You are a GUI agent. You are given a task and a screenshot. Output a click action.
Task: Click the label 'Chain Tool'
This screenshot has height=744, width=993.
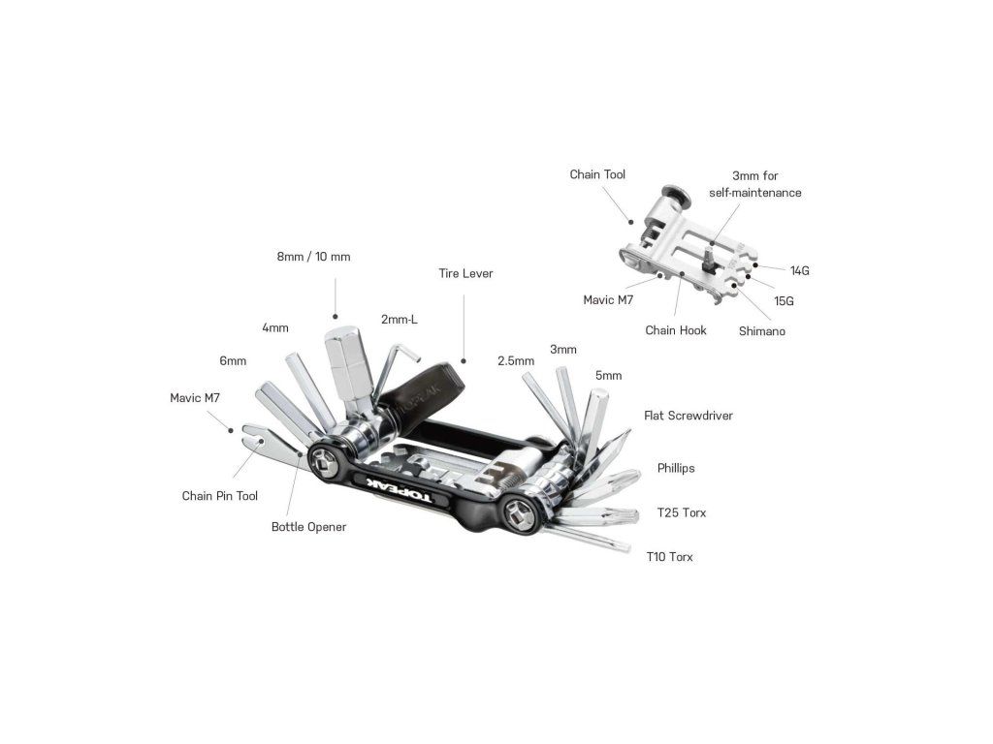(x=597, y=174)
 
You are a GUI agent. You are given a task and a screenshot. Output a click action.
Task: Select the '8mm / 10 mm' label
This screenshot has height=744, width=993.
(x=313, y=257)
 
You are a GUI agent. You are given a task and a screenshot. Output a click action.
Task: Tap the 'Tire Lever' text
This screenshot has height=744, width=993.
(x=465, y=273)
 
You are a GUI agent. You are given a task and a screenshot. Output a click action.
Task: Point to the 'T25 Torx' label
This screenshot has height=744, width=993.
(x=682, y=512)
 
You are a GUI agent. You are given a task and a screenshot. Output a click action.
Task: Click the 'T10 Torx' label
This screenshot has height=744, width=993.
(x=669, y=557)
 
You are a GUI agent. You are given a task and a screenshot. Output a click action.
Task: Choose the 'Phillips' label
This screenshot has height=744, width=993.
(x=675, y=468)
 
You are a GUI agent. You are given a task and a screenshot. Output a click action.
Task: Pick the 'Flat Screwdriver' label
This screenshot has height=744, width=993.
(x=688, y=416)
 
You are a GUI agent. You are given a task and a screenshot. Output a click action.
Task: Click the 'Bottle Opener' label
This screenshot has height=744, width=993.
(x=308, y=527)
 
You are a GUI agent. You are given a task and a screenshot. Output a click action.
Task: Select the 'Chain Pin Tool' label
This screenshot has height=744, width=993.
(x=220, y=496)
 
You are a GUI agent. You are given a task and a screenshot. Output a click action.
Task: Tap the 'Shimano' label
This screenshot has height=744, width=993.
(x=761, y=331)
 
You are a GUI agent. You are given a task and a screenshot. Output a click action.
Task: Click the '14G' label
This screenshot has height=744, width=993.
(x=799, y=270)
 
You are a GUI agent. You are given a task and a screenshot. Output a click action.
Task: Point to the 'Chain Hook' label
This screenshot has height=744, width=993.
(x=676, y=330)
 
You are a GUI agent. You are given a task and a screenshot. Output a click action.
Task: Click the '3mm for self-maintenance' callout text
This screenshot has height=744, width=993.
(x=754, y=184)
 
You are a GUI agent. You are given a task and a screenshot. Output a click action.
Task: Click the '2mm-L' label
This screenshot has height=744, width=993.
(x=399, y=319)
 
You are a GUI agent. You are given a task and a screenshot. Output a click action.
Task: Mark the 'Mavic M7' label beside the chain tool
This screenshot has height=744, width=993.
(x=608, y=300)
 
